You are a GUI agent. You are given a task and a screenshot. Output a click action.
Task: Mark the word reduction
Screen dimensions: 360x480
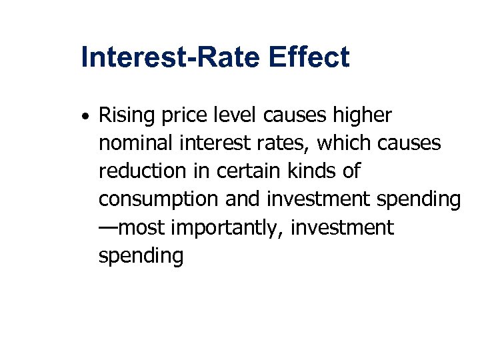point(141,171)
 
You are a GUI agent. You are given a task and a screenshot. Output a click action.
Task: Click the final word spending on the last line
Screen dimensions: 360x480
point(141,255)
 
